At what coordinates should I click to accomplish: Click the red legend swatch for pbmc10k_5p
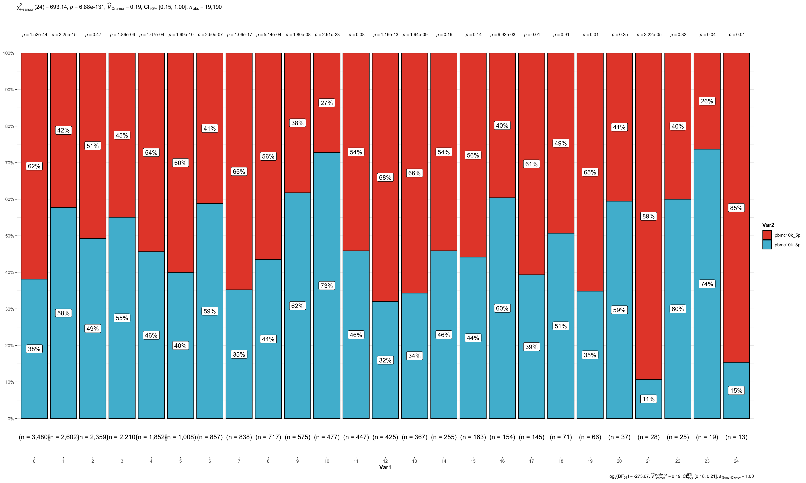pos(767,235)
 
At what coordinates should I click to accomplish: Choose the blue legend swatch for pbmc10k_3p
pos(767,245)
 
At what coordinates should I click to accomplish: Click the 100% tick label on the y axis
pos(8,53)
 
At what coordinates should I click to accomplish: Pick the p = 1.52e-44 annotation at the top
pos(35,35)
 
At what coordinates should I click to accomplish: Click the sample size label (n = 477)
pos(327,437)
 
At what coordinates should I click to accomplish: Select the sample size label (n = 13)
pos(736,437)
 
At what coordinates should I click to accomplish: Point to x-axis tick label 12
pos(385,461)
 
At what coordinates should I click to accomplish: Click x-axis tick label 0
pos(34,461)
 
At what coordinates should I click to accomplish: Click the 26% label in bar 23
pos(707,101)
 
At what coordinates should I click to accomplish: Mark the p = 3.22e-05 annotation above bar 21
pos(649,35)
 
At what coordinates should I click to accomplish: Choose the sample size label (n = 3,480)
pos(34,437)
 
